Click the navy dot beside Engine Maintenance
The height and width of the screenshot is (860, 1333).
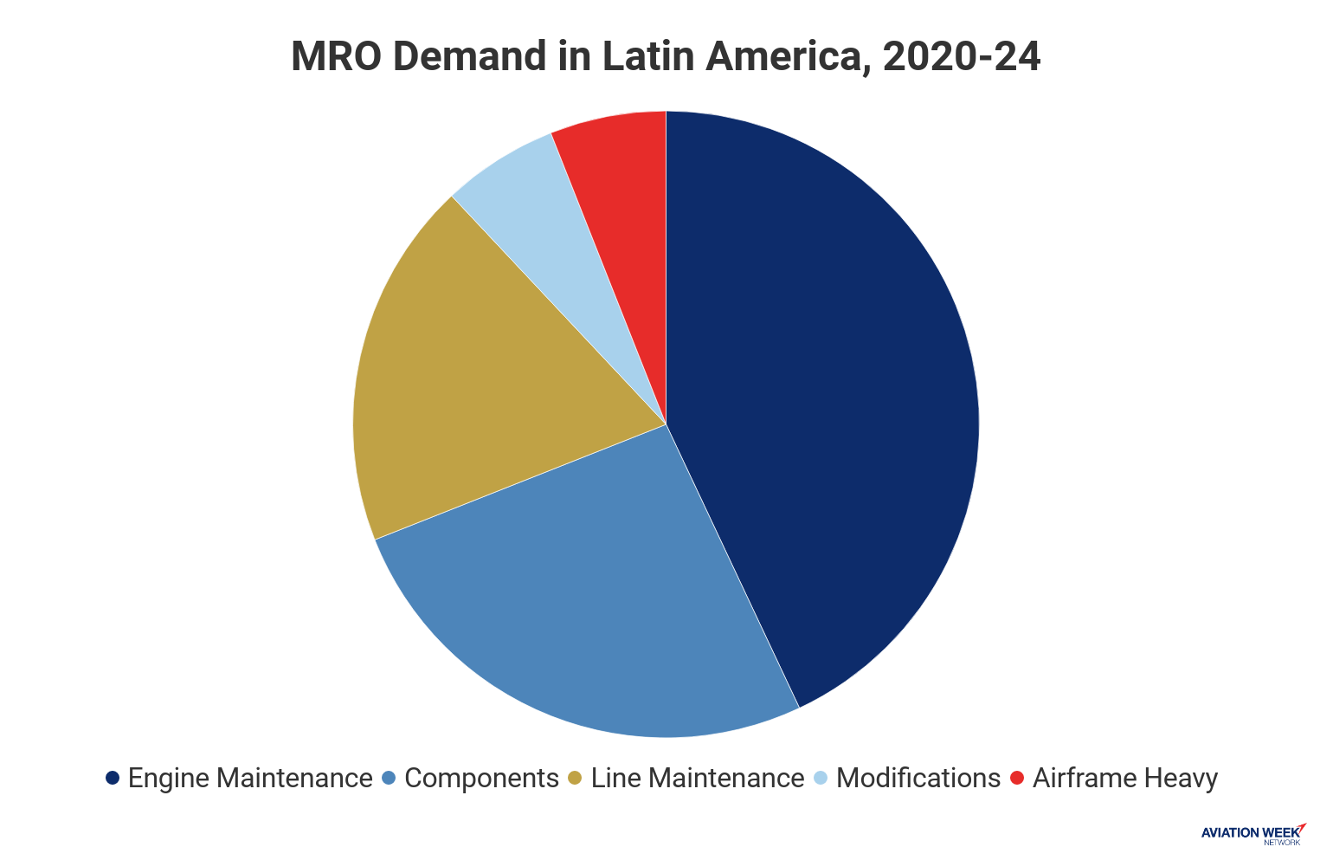pyautogui.click(x=112, y=778)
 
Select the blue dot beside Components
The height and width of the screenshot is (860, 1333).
pyautogui.click(x=389, y=778)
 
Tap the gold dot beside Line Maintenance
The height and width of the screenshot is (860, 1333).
pyautogui.click(x=575, y=778)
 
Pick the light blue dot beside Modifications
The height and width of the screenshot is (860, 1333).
pyautogui.click(x=821, y=778)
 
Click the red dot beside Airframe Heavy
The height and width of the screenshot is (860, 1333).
pyautogui.click(x=1017, y=778)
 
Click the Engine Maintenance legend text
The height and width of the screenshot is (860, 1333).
pyautogui.click(x=250, y=778)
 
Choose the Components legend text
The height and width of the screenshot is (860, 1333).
pyautogui.click(x=481, y=778)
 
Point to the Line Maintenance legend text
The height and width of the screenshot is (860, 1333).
pyautogui.click(x=698, y=778)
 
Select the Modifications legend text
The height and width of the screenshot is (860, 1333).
pyautogui.click(x=918, y=778)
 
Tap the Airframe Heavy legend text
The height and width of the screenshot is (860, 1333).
pyautogui.click(x=1125, y=778)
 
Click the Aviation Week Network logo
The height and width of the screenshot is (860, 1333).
pyautogui.click(x=1253, y=833)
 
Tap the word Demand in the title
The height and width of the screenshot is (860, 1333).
pyautogui.click(x=467, y=57)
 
